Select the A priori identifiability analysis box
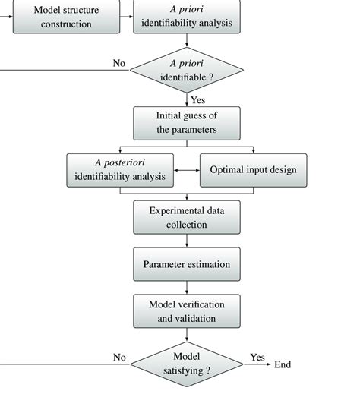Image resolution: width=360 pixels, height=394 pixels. pos(187,17)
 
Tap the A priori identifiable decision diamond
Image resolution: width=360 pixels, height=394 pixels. pos(187,70)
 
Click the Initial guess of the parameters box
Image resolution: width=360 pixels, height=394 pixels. pos(187,122)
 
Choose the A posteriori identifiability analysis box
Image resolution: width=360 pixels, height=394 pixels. pos(119,171)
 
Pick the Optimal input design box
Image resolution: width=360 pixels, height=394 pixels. pos(253,171)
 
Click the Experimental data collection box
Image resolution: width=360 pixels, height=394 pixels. pos(187,217)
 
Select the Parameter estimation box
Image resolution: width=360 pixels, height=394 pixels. pos(187,264)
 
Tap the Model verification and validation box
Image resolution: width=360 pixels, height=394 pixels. pos(187,311)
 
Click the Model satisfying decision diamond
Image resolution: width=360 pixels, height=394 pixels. pos(187,364)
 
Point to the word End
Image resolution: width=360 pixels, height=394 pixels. pos(283,364)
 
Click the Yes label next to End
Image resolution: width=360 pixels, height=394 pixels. pos(258,356)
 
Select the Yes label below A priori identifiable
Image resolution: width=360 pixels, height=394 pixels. pos(198,99)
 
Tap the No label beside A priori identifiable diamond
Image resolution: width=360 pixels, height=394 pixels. pos(119,62)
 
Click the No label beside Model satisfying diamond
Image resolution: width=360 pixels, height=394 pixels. pos(119,356)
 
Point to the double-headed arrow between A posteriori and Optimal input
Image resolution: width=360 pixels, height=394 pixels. pos(187,171)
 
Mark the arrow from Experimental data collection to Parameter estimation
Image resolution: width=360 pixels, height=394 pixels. pos(187,241)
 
